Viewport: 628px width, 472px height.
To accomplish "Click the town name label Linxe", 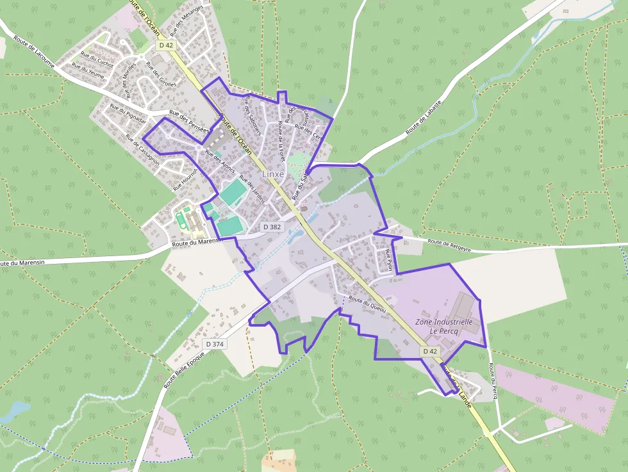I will [x=273, y=174].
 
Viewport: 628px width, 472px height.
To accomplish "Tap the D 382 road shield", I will [x=272, y=227].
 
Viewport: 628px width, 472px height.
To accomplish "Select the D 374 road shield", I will [x=215, y=344].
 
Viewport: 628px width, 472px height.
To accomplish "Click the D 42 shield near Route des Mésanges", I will [x=166, y=45].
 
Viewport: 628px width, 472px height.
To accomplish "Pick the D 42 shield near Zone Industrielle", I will [x=431, y=351].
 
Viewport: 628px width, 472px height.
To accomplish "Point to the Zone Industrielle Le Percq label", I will [x=443, y=326].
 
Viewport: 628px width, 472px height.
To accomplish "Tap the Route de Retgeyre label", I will [x=449, y=242].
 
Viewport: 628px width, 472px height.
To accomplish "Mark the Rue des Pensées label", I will [x=189, y=120].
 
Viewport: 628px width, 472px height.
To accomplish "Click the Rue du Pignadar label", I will [x=128, y=114].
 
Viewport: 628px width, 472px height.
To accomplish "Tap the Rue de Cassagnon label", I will [x=142, y=151].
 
